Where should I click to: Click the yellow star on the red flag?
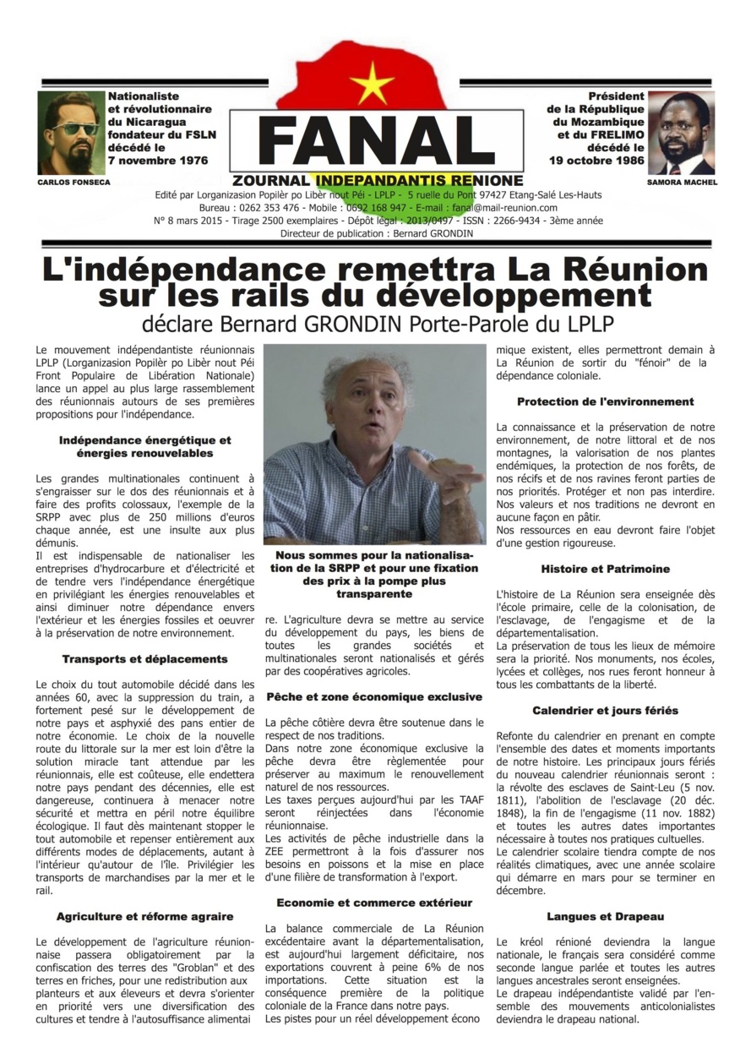pyautogui.click(x=373, y=84)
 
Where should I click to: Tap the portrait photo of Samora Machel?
pyautogui.click(x=680, y=133)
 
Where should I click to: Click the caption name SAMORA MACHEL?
pyautogui.click(x=680, y=182)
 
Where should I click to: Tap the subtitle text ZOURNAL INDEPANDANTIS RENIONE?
pyautogui.click(x=377, y=181)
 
